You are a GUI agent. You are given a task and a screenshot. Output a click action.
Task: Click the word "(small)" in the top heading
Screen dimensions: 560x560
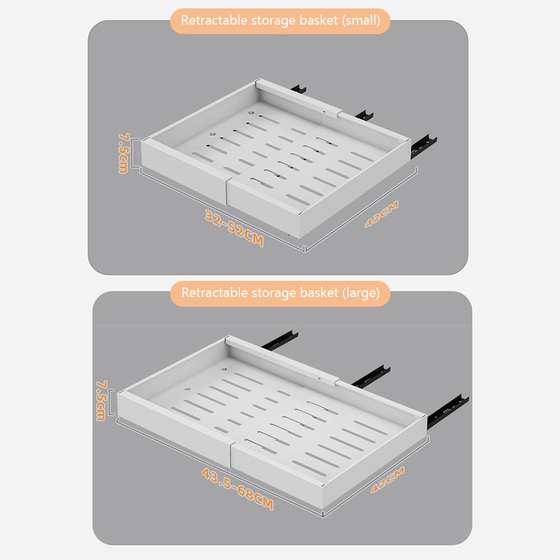click(x=361, y=21)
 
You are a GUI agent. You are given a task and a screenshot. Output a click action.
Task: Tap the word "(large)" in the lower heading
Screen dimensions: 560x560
click(x=361, y=293)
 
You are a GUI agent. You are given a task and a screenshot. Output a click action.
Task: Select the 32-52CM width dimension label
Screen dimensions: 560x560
click(x=234, y=228)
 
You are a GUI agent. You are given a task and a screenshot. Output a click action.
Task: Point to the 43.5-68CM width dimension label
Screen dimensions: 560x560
click(x=238, y=490)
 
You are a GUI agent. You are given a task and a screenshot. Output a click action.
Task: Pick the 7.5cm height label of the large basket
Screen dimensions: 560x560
click(x=101, y=401)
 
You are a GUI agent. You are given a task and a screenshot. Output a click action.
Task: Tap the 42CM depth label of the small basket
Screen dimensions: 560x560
click(x=382, y=214)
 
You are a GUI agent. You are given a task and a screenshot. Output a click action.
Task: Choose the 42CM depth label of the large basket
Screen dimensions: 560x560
click(x=388, y=479)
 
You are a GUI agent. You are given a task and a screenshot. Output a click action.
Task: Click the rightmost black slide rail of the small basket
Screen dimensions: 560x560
click(x=424, y=145)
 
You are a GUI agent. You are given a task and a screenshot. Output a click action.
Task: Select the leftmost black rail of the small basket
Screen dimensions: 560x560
click(x=299, y=89)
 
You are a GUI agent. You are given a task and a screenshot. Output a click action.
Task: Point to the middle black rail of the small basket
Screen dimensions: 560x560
click(x=364, y=115)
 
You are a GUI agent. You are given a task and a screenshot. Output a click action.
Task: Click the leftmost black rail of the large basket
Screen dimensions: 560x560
click(x=280, y=339)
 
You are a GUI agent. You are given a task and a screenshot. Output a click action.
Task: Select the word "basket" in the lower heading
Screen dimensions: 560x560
click(x=319, y=293)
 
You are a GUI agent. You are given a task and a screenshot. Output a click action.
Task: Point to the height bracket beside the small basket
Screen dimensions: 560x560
click(x=135, y=153)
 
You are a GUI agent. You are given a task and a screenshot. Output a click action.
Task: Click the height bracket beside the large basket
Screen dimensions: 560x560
click(x=111, y=403)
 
